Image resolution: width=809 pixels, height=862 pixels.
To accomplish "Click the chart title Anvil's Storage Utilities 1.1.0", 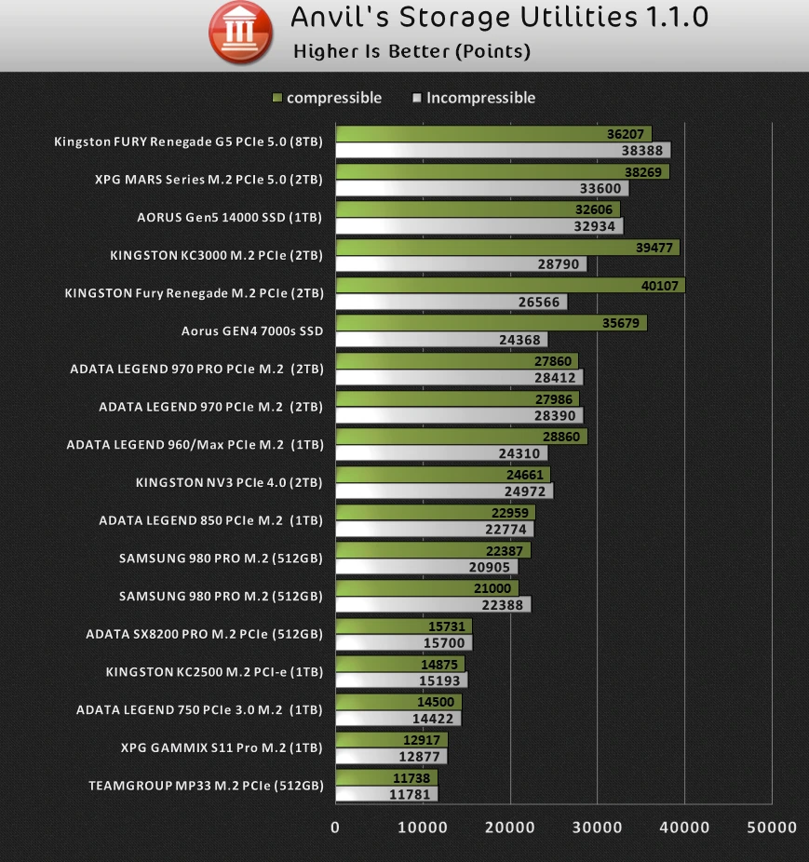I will pos(500,18).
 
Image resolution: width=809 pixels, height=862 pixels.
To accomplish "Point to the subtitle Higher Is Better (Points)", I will pos(411,52).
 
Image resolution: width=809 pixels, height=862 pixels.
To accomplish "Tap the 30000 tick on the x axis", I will pos(597,827).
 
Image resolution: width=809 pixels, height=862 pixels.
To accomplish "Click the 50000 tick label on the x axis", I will pos(772,827).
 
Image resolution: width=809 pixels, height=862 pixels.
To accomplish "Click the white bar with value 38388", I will pos(503,150).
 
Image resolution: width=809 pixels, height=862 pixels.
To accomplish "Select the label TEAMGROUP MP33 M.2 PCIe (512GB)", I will pos(206,786).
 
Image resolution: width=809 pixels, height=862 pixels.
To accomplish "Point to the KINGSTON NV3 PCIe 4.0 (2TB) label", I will pos(229,482).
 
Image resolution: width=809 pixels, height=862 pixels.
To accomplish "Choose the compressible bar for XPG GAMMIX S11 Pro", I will pos(391,739).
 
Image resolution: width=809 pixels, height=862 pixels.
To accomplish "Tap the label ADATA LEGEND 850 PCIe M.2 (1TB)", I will pos(210,520).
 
